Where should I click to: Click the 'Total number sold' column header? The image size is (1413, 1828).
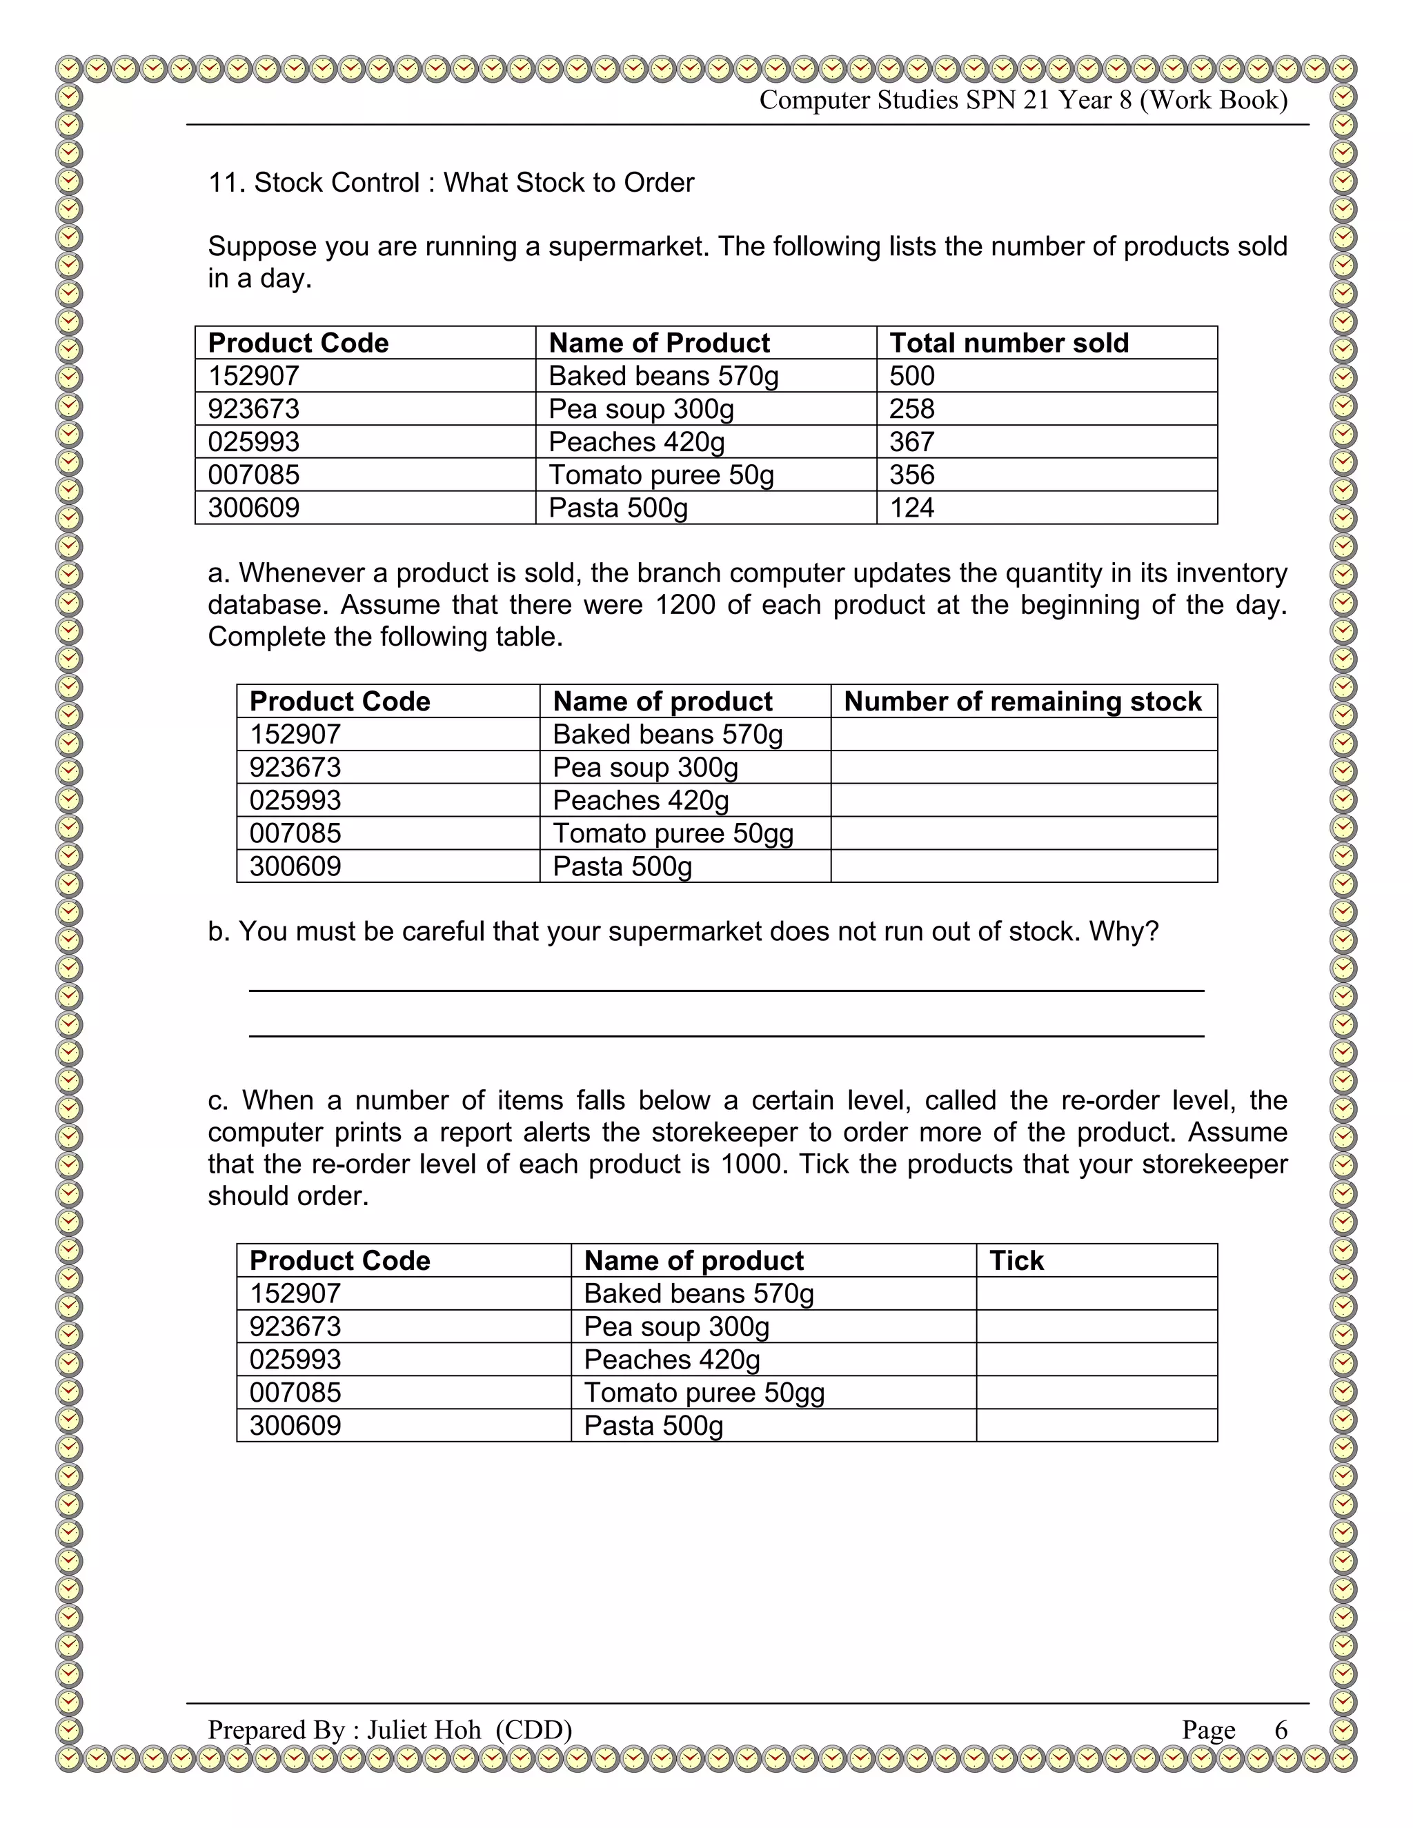[x=1009, y=343]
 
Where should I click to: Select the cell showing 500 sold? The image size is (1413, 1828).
[x=911, y=376]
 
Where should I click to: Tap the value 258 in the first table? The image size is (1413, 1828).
[x=911, y=409]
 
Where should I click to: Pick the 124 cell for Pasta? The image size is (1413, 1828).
[x=911, y=508]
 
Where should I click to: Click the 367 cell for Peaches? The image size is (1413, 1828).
[x=911, y=442]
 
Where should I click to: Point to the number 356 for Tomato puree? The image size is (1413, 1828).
[x=911, y=475]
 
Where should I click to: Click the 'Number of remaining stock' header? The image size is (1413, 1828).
[x=1022, y=702]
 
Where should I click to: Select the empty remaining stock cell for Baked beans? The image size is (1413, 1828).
[x=1023, y=734]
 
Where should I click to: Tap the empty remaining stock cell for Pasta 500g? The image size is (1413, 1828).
[x=1023, y=866]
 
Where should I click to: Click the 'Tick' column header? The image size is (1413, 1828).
[x=1016, y=1260]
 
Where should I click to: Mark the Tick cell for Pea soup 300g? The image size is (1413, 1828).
[x=1096, y=1327]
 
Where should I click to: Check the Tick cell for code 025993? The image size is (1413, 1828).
[x=1096, y=1360]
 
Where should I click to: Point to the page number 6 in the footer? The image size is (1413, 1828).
[x=1281, y=1729]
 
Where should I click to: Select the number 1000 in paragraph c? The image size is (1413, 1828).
[x=752, y=1164]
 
